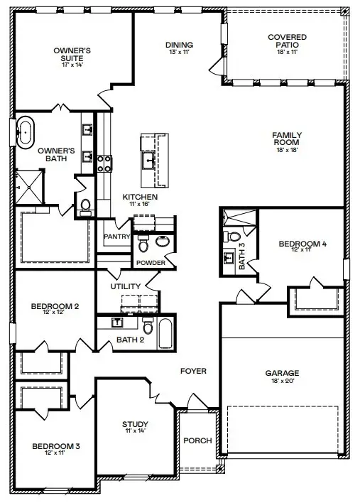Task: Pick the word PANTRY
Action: tap(115, 236)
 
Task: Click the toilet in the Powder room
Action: tap(143, 245)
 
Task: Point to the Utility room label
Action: tap(126, 286)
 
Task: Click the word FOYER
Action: tap(193, 371)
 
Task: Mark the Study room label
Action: tap(135, 425)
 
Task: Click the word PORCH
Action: tap(197, 440)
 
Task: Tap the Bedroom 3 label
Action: tap(55, 446)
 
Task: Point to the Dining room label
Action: tap(179, 45)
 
